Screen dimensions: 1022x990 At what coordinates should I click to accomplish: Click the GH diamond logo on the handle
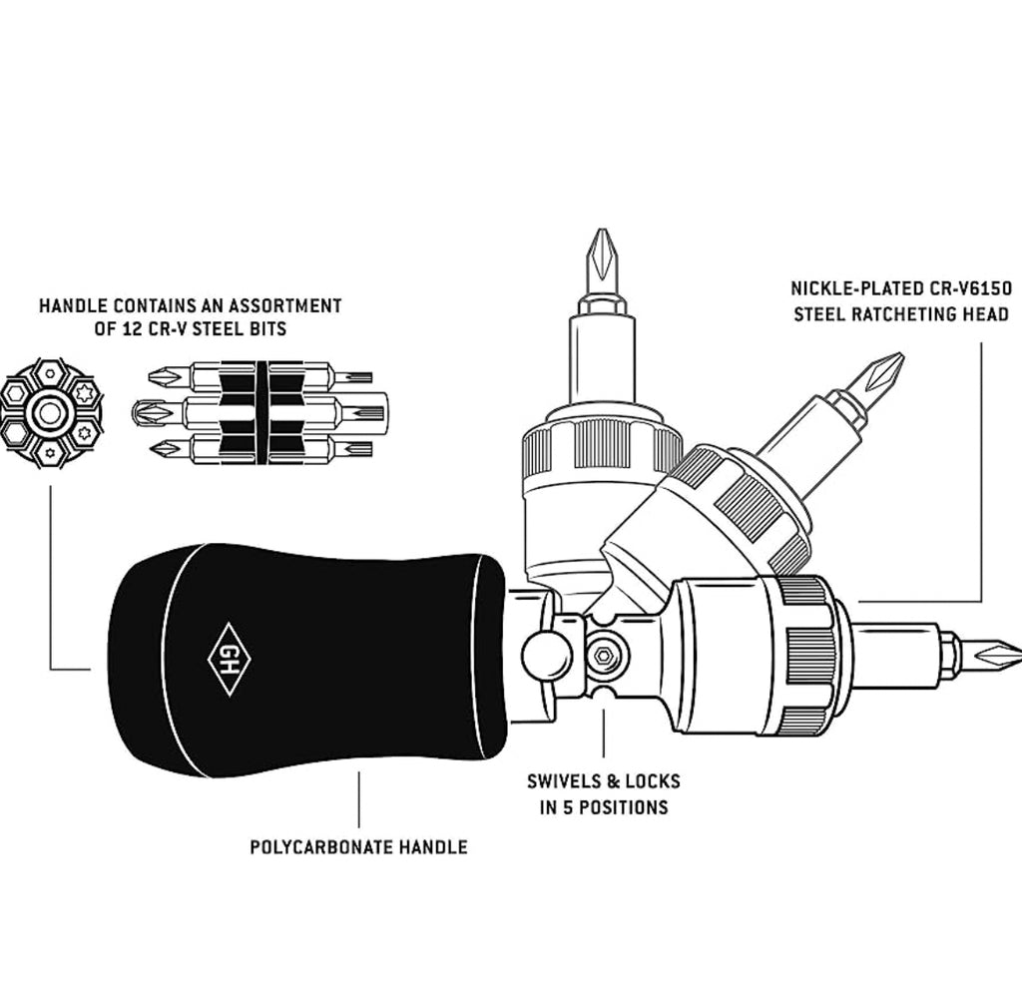(x=229, y=659)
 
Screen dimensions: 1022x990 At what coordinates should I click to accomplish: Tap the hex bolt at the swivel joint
(x=604, y=657)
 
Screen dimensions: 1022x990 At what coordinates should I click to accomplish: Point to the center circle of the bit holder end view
(x=48, y=412)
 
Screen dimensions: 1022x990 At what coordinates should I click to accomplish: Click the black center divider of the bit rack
(x=261, y=412)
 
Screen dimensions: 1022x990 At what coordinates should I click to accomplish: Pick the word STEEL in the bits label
(x=219, y=328)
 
